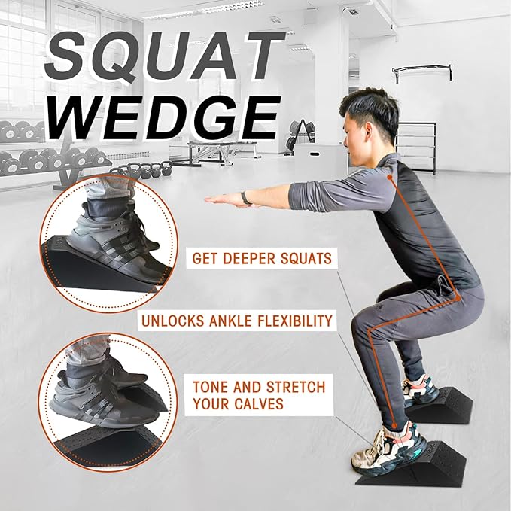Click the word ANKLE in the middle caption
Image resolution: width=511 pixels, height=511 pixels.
click(239, 321)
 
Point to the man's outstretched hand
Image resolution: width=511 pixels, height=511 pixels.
click(219, 199)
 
